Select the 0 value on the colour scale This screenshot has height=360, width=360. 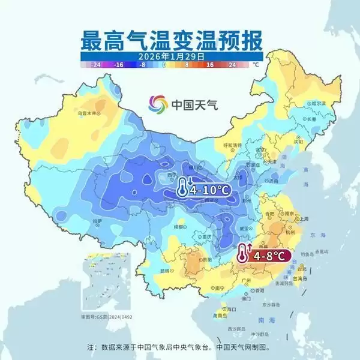[164, 64]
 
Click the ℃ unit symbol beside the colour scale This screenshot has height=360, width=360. [256, 64]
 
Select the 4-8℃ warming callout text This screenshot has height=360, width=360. [271, 256]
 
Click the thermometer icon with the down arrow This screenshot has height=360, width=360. [182, 188]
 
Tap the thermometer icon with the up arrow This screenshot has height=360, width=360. [243, 254]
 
